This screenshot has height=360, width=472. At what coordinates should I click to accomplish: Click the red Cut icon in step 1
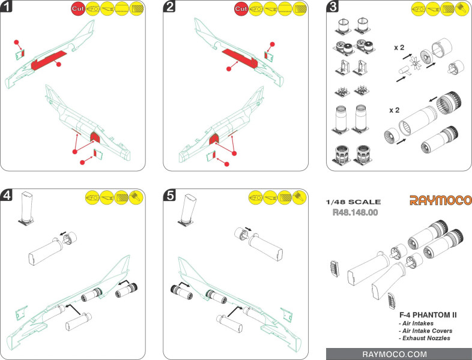(x=79, y=10)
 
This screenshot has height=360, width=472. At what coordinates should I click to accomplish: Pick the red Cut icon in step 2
(x=241, y=10)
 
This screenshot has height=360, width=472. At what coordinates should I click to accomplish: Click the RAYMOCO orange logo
(x=440, y=200)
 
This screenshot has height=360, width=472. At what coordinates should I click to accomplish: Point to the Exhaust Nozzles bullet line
(x=424, y=338)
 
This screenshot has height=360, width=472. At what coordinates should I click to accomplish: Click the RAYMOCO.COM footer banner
(x=398, y=354)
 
